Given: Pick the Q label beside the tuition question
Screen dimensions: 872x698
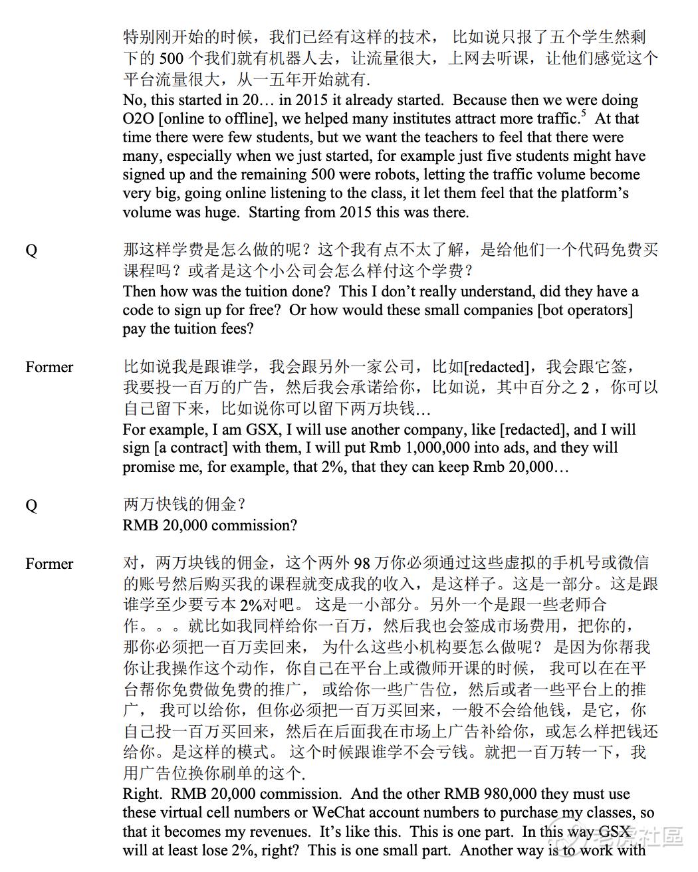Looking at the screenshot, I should tap(31, 251).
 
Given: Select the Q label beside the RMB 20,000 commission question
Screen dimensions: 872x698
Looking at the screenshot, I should tap(31, 506).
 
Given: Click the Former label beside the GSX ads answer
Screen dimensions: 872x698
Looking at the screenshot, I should tap(49, 368).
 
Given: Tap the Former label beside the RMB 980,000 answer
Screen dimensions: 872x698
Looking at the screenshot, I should tap(49, 564).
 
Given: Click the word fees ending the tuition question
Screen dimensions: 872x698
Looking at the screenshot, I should tap(236, 328).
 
